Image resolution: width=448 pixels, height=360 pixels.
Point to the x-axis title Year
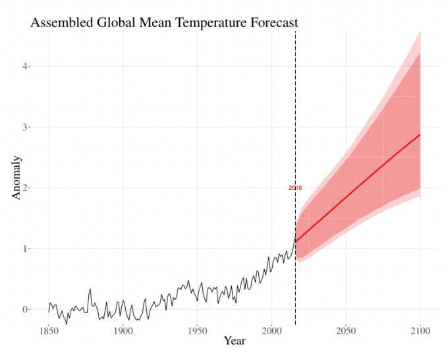click(235, 341)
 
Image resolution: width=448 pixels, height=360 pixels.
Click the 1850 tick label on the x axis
click(48, 328)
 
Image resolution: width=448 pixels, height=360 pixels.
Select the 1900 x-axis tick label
click(123, 328)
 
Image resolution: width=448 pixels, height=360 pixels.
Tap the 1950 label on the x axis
click(197, 328)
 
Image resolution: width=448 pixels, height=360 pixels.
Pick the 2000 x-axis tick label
click(271, 328)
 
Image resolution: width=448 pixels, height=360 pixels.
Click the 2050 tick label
click(346, 328)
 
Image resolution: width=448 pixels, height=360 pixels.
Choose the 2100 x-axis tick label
click(420, 328)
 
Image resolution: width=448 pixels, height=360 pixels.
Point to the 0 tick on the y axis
click(26, 309)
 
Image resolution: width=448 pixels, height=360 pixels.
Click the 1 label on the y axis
click(26, 249)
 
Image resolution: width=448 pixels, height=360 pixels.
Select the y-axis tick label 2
click(26, 188)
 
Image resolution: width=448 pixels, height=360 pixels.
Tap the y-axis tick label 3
click(26, 127)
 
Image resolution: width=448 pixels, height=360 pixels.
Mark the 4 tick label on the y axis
click(26, 66)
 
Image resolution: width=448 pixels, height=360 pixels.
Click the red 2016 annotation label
click(295, 188)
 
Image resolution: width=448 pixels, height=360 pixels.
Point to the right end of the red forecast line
click(420, 135)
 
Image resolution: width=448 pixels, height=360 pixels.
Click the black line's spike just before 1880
click(90, 289)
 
